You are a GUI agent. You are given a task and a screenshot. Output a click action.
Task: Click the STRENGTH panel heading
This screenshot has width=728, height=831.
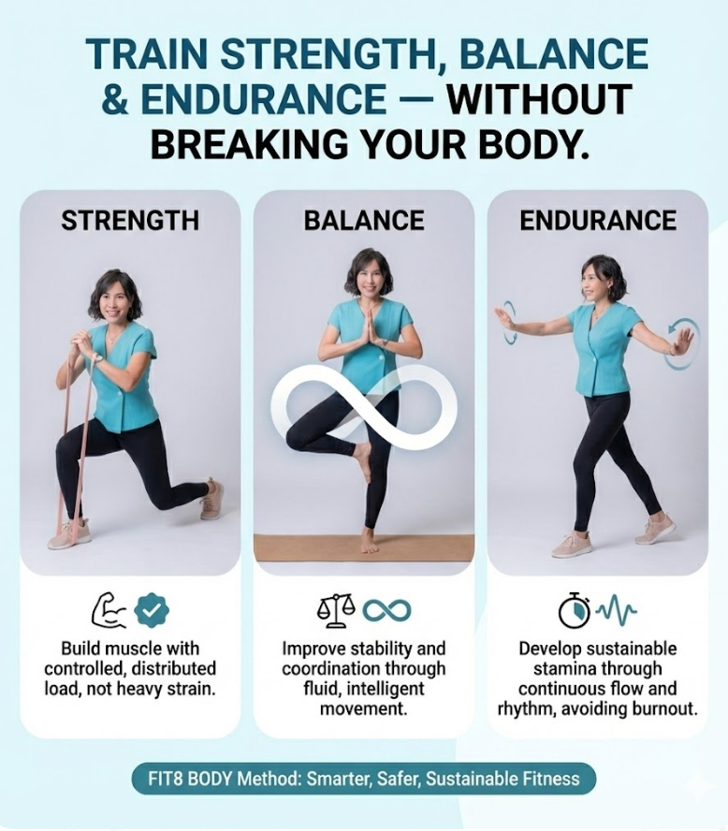(x=130, y=221)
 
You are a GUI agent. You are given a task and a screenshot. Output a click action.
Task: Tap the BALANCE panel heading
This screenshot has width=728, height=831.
(x=364, y=221)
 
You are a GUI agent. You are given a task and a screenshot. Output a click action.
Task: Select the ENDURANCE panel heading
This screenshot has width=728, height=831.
(x=598, y=221)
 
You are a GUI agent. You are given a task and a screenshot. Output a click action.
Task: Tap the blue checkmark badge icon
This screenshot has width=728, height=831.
(x=152, y=610)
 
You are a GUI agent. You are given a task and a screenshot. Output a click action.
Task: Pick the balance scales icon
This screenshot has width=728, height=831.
(x=336, y=610)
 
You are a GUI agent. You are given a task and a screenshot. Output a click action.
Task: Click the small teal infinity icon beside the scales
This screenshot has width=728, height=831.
(x=386, y=611)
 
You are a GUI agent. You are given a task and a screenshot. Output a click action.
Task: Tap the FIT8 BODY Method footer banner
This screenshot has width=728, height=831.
(x=363, y=778)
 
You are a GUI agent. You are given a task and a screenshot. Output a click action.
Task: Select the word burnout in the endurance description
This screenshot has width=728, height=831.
(x=662, y=708)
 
